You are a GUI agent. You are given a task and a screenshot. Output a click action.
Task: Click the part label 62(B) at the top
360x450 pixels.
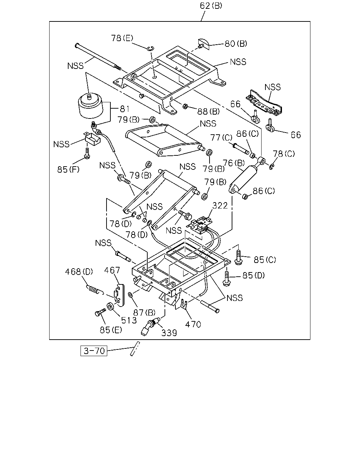tap(211, 6)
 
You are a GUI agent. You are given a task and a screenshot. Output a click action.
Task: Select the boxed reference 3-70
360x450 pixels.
tap(94, 351)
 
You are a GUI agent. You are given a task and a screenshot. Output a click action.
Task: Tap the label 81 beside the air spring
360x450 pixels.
tap(125, 109)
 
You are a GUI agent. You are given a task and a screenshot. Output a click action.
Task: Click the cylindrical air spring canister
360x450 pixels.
tap(91, 106)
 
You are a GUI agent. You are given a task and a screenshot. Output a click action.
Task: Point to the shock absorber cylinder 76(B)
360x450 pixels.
tap(243, 179)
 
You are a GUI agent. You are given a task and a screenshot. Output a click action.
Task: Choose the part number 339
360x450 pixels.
tap(169, 333)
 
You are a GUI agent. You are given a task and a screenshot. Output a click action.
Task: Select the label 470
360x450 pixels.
tap(193, 324)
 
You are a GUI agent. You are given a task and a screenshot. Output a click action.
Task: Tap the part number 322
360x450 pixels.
tap(220, 206)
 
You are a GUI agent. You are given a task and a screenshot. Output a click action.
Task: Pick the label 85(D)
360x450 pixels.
tap(253, 275)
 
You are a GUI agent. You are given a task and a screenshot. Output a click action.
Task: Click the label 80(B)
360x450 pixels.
tap(236, 44)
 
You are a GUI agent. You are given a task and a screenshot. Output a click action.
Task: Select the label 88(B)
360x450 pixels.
tap(208, 111)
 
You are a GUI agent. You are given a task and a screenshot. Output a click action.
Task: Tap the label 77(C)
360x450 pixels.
tap(221, 137)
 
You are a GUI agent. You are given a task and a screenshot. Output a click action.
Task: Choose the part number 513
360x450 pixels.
tap(129, 320)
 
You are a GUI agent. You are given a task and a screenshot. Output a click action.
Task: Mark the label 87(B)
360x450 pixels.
tap(144, 313)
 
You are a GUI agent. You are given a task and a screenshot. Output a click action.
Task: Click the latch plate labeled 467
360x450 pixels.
tap(119, 295)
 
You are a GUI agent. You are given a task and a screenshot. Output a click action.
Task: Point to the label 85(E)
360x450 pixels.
tap(111, 330)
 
